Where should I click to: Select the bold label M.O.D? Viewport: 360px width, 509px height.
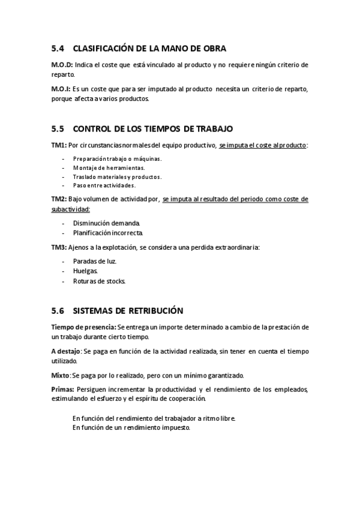[62, 64]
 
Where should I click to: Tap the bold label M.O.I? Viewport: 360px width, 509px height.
[61, 89]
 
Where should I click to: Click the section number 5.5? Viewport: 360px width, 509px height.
[58, 129]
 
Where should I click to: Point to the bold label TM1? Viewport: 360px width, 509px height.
[59, 145]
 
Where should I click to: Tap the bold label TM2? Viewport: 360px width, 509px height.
[59, 199]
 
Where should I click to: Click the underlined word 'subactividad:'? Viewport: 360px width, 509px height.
[71, 209]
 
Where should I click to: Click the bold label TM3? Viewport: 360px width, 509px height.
[59, 247]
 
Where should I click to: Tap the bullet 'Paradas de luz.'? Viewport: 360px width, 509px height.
[95, 261]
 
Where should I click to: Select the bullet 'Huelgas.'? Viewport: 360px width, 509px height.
[86, 271]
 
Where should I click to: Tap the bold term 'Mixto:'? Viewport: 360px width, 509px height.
[61, 375]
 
